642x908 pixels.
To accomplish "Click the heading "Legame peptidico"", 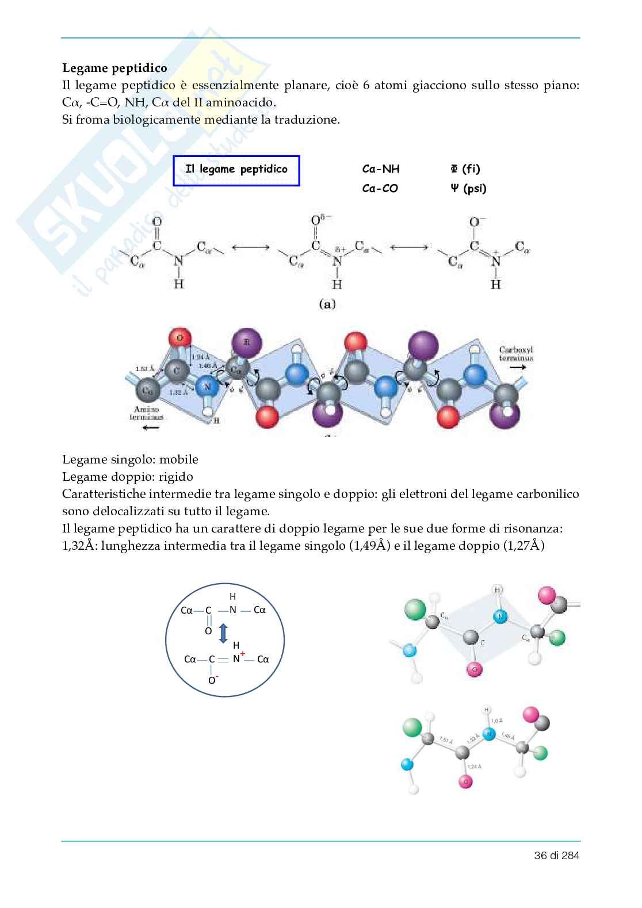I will pyautogui.click(x=114, y=68).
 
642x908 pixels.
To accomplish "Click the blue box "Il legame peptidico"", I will pyautogui.click(x=236, y=170).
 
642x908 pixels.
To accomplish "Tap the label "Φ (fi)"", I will pyautogui.click(x=465, y=168).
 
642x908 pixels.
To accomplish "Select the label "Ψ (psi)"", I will pyautogui.click(x=468, y=189).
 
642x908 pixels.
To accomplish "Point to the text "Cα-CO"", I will pyautogui.click(x=380, y=189).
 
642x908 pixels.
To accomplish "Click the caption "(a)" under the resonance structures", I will pyautogui.click(x=327, y=304).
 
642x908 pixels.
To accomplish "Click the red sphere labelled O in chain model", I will pyautogui.click(x=180, y=338).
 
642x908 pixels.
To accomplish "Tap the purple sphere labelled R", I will pyautogui.click(x=247, y=343).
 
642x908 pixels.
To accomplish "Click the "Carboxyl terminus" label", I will pyautogui.click(x=516, y=353).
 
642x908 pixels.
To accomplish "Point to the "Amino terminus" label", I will pyautogui.click(x=146, y=413).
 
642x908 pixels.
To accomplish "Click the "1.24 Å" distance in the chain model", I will pyautogui.click(x=200, y=357).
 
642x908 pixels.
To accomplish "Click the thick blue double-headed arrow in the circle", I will pyautogui.click(x=223, y=634).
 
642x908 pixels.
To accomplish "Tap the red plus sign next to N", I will pyautogui.click(x=243, y=654).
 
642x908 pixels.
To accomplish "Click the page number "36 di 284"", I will pyautogui.click(x=556, y=855).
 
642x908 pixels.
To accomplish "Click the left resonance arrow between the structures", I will pyautogui.click(x=250, y=248).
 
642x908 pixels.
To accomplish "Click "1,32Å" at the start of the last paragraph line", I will pyautogui.click(x=79, y=546).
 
